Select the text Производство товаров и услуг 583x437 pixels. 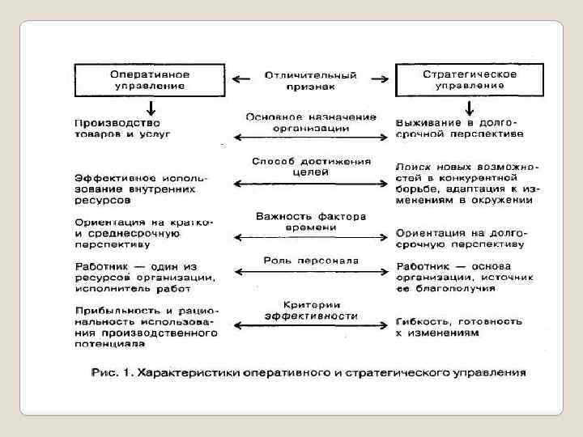click(122, 127)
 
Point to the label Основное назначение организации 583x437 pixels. click(310, 122)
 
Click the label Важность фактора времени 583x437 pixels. click(311, 221)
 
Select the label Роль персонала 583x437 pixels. click(311, 260)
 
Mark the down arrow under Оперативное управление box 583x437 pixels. click(151, 108)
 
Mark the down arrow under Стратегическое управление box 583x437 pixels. click(468, 108)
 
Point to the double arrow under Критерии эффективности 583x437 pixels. click(311, 325)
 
